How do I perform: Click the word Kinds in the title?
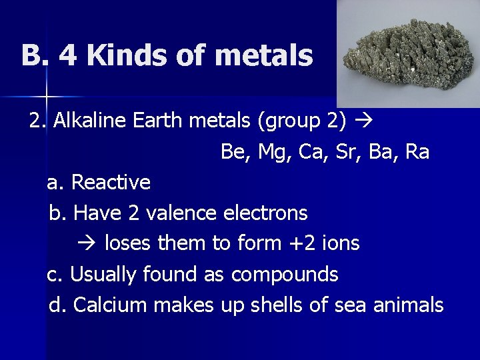click(118, 55)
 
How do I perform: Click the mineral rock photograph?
click(408, 53)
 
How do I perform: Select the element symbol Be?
click(233, 152)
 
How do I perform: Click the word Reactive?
click(111, 182)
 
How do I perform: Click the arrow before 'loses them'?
click(91, 243)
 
